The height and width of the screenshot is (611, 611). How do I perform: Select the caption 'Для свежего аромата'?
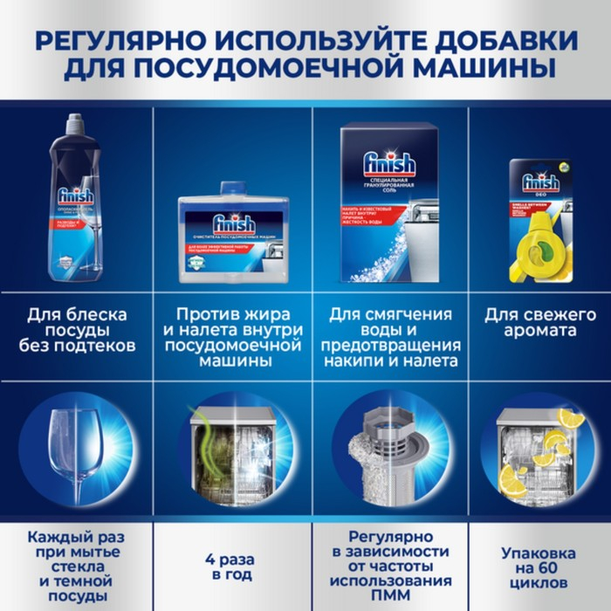(x=540, y=323)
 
